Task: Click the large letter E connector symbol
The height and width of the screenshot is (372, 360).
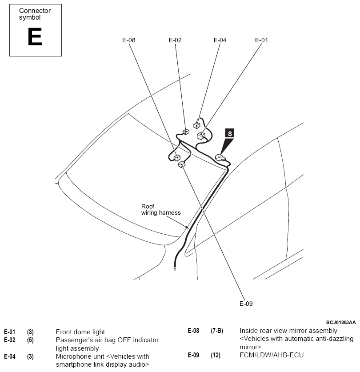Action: coord(35,36)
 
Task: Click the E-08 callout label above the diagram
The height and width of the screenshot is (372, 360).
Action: coord(128,40)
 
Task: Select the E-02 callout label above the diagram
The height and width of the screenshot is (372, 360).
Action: coord(175,40)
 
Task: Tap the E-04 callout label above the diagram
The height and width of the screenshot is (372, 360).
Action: coord(220,40)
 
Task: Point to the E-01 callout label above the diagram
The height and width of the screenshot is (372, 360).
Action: coord(261,40)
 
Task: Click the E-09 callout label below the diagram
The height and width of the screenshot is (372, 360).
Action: coord(246,304)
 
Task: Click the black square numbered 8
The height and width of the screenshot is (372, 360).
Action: coord(229,133)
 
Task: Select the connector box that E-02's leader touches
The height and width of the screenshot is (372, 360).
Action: coord(186,132)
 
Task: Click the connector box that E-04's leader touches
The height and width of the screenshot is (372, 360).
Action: coord(197,125)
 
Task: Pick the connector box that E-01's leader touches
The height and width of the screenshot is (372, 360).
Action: coord(201,136)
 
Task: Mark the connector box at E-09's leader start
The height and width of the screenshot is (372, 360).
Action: coord(182,164)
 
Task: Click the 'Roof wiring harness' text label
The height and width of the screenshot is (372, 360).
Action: coord(161,209)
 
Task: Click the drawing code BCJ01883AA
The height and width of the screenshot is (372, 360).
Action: coord(341,322)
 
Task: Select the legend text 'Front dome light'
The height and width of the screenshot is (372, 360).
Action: coord(80,332)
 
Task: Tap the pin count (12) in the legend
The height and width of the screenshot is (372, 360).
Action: coord(216,355)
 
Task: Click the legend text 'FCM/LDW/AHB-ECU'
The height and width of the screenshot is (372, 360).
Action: coord(272,355)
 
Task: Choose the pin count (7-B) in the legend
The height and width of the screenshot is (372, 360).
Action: coord(217,331)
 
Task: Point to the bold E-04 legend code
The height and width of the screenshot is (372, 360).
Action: coord(10,356)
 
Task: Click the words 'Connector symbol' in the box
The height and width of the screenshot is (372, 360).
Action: coord(35,14)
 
